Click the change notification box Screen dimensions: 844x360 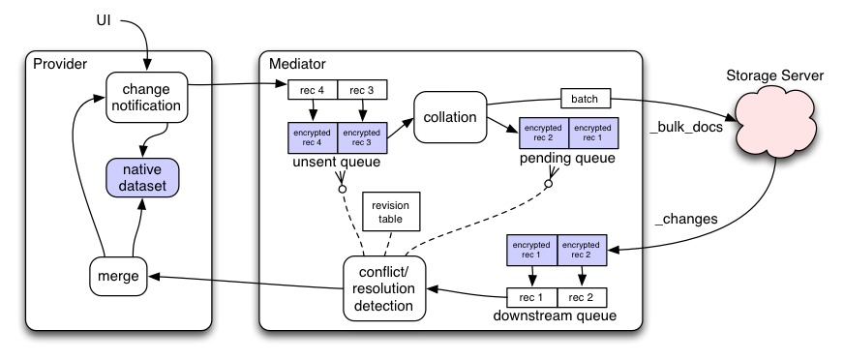146,98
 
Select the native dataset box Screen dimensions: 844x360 142,177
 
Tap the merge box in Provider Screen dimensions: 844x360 118,276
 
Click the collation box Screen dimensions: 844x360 450,117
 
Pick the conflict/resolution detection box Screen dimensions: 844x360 384,288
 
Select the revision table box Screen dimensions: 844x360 391,212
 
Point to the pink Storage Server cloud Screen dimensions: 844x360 775,123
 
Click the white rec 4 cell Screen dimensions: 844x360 313,90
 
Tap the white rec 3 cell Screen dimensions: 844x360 362,90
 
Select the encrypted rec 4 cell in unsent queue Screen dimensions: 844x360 313,137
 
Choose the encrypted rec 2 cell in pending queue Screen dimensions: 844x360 544,133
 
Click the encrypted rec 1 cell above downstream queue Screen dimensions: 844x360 531,250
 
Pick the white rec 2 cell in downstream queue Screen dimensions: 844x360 582,297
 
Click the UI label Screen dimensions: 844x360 104,21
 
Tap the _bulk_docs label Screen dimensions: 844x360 685,129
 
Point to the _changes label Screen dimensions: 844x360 685,219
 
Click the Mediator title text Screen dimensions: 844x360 297,64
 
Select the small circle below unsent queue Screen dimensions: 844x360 342,189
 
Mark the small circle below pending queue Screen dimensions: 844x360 549,184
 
